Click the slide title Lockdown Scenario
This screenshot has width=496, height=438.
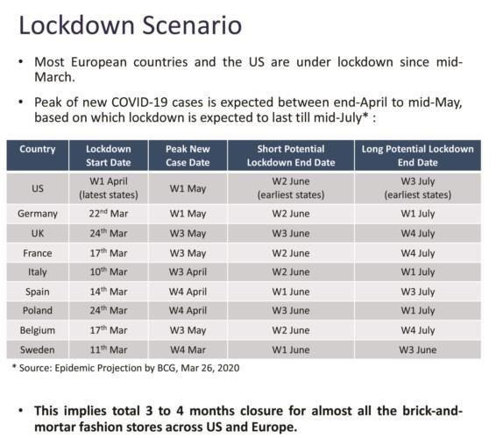click(x=131, y=25)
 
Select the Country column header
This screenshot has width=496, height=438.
click(x=38, y=149)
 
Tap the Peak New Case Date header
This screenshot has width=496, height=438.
click(x=188, y=156)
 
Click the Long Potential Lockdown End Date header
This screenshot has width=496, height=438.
click(x=417, y=156)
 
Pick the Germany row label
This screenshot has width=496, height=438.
click(x=38, y=214)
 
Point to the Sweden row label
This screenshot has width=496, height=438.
click(x=38, y=350)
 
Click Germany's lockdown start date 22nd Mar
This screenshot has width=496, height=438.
click(x=109, y=214)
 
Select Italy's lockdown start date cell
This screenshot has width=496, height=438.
click(x=109, y=272)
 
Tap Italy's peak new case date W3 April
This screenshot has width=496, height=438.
click(x=188, y=272)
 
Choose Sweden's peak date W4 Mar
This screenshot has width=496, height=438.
click(x=188, y=350)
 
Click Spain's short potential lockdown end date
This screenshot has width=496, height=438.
click(x=291, y=292)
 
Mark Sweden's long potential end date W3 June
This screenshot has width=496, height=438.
click(x=417, y=350)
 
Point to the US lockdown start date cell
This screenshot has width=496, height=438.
click(x=109, y=188)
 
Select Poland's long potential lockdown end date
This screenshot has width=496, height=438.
click(x=417, y=311)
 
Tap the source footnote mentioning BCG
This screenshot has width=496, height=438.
click(x=126, y=368)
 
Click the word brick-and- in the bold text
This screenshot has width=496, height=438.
click(x=432, y=411)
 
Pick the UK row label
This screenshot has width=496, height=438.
click(x=38, y=233)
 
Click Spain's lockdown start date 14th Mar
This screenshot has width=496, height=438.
click(x=109, y=291)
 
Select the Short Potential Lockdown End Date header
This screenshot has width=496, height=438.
click(x=291, y=156)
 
